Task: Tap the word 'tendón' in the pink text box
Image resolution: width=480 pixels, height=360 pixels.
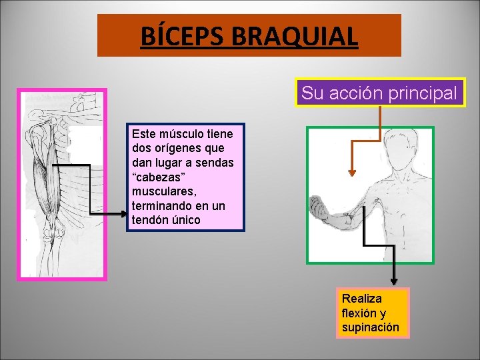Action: [151, 220]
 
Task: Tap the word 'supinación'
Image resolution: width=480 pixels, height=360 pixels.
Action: [370, 327]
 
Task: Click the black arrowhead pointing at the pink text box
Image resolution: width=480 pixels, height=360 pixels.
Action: [123, 213]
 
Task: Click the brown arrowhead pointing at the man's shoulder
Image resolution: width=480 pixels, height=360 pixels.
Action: [352, 173]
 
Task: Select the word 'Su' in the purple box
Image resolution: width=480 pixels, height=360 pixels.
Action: [311, 93]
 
